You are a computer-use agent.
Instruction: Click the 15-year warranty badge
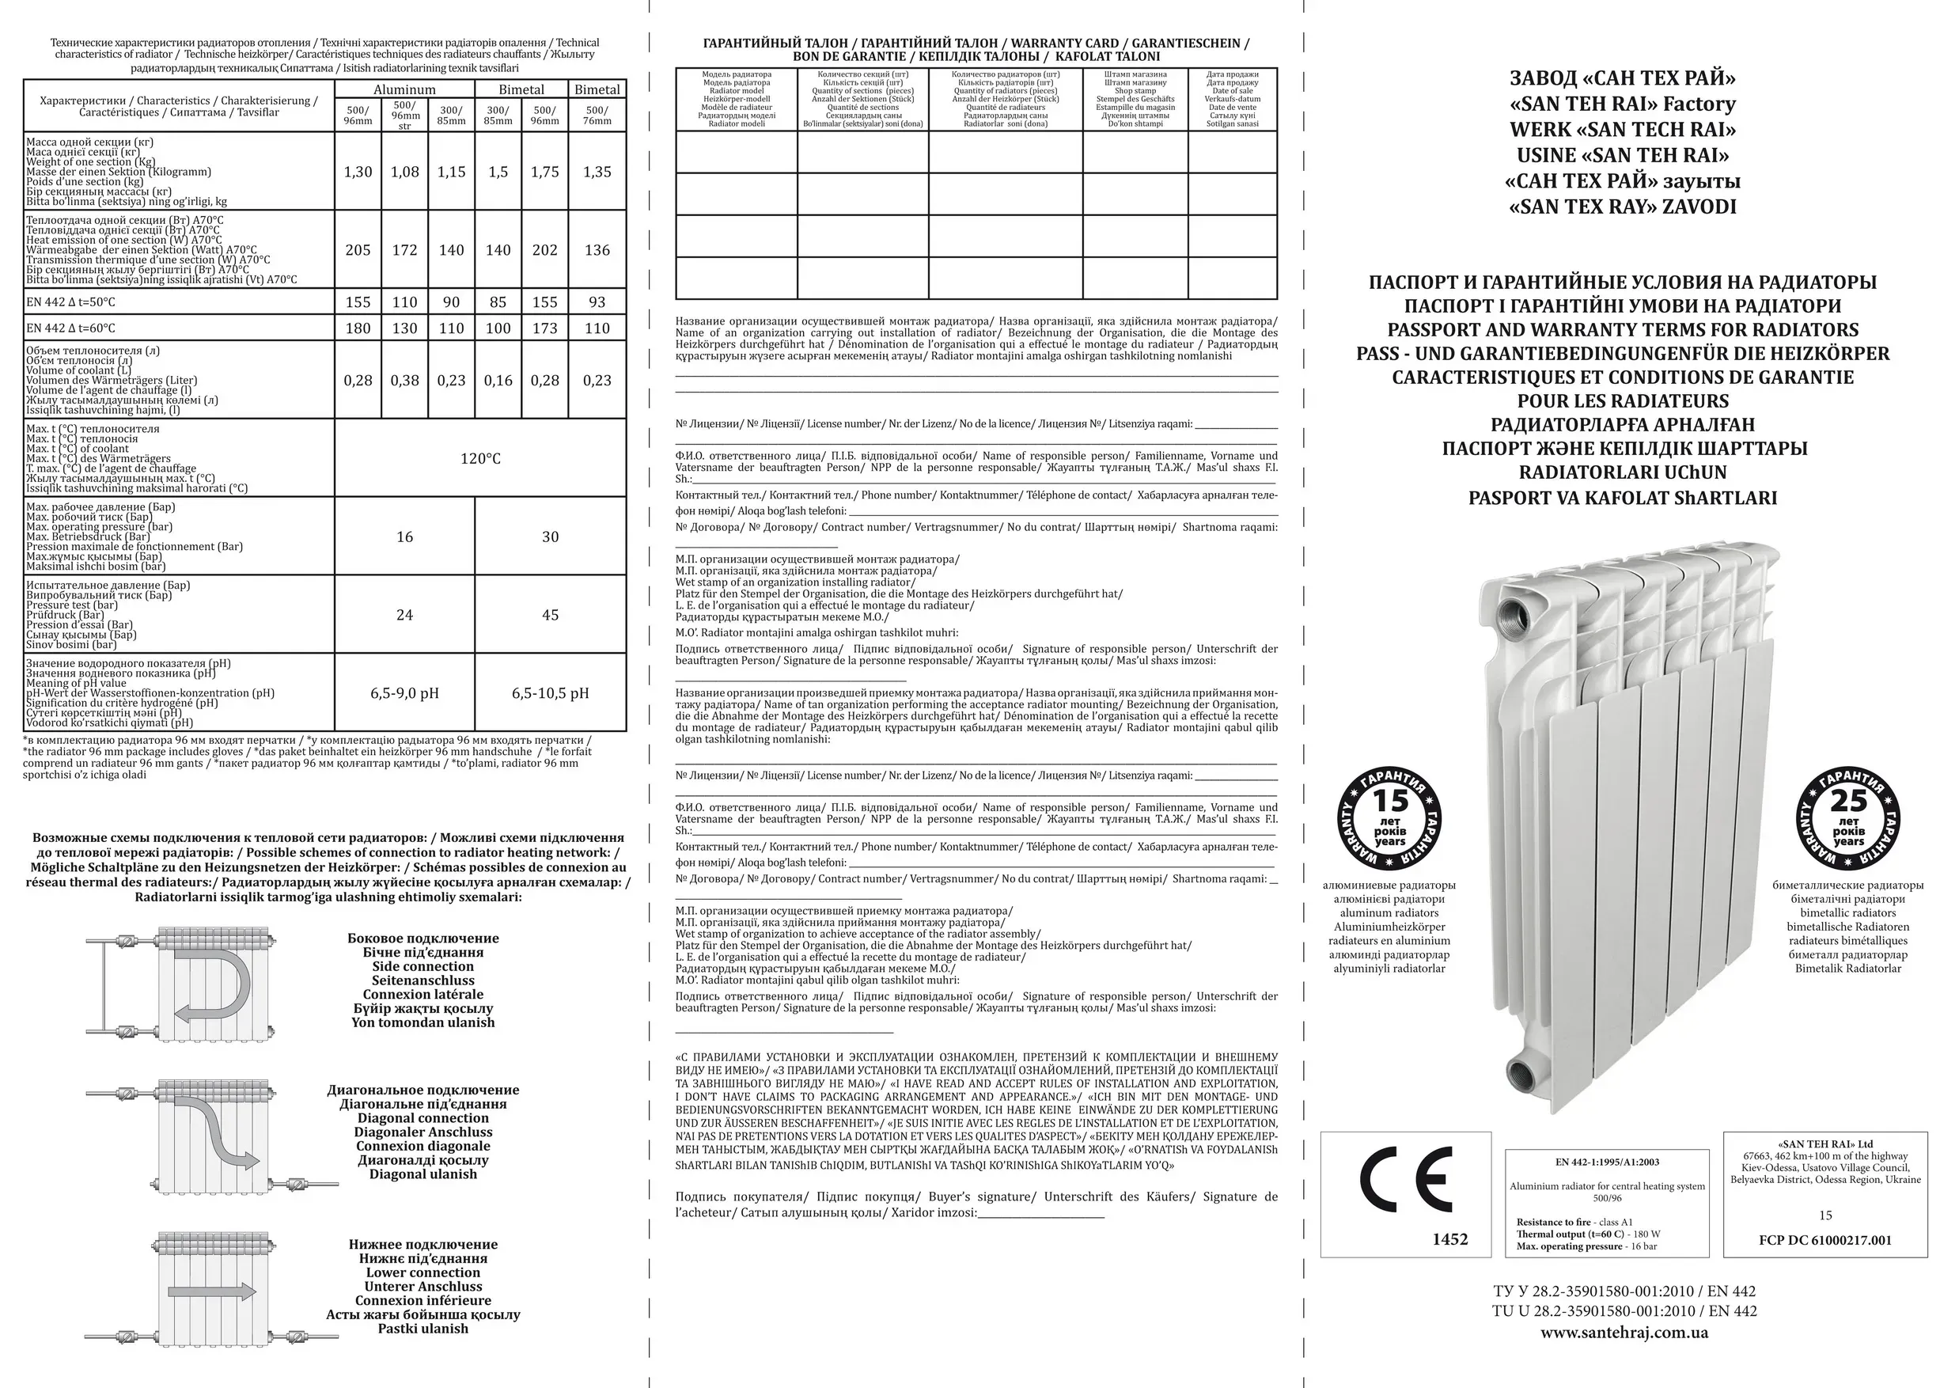point(1389,819)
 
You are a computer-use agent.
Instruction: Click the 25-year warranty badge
point(1847,819)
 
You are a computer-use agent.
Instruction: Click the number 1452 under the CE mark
point(1449,1238)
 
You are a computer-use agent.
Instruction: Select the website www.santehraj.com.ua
point(1624,1333)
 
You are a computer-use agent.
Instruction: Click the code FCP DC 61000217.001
point(1825,1240)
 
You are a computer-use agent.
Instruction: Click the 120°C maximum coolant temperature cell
point(480,458)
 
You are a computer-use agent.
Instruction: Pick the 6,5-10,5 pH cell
point(551,693)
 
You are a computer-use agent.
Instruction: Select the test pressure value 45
point(551,615)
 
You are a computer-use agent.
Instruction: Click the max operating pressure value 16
point(404,537)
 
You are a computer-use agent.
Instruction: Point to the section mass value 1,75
point(544,172)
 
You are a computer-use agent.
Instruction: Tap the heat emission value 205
point(358,249)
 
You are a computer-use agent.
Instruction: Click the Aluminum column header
point(404,89)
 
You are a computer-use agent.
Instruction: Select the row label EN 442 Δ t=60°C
point(71,328)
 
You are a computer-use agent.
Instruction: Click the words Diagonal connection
point(423,1118)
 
